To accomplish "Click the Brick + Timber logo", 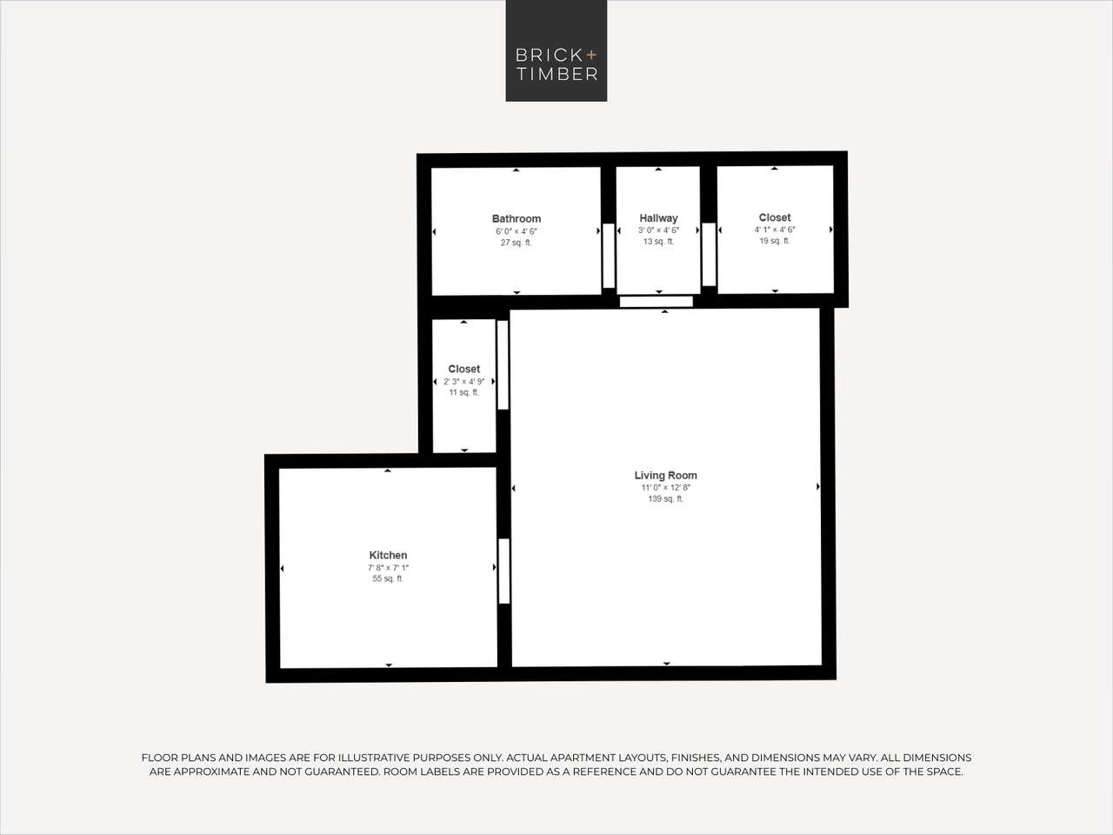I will [x=556, y=50].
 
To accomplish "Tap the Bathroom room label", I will [x=517, y=219].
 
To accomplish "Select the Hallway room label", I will [x=658, y=218].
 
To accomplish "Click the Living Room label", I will [x=665, y=475].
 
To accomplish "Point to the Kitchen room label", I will [x=388, y=555].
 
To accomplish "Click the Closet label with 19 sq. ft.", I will [x=775, y=217].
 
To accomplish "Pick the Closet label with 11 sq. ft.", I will [x=463, y=369].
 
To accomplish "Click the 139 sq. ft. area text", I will [x=665, y=499].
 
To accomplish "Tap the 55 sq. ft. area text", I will [x=388, y=579].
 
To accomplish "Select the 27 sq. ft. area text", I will [x=517, y=244].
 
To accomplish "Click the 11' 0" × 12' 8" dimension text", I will [x=665, y=488].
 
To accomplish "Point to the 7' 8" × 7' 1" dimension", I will [x=388, y=568].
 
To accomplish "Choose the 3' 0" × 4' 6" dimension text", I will [x=658, y=230].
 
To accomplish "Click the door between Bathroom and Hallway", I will [x=609, y=256].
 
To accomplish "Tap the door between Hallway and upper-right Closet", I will [x=709, y=254].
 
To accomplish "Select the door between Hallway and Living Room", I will [x=656, y=302].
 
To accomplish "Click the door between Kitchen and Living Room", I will [x=503, y=571].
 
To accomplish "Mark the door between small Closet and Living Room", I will [x=503, y=364].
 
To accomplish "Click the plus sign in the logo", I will [x=591, y=55].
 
